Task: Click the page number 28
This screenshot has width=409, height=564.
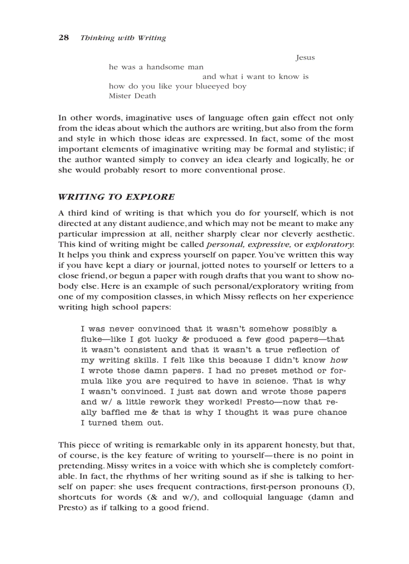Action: coord(64,38)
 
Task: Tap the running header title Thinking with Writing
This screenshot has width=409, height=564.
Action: coord(123,38)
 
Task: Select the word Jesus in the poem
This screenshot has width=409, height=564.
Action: coord(305,57)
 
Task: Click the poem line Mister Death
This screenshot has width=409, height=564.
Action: coord(132,96)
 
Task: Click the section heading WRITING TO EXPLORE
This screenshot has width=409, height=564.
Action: coord(116,197)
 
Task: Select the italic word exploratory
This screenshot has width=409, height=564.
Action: coord(329,245)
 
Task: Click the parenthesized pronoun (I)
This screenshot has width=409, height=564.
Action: coord(347,487)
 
